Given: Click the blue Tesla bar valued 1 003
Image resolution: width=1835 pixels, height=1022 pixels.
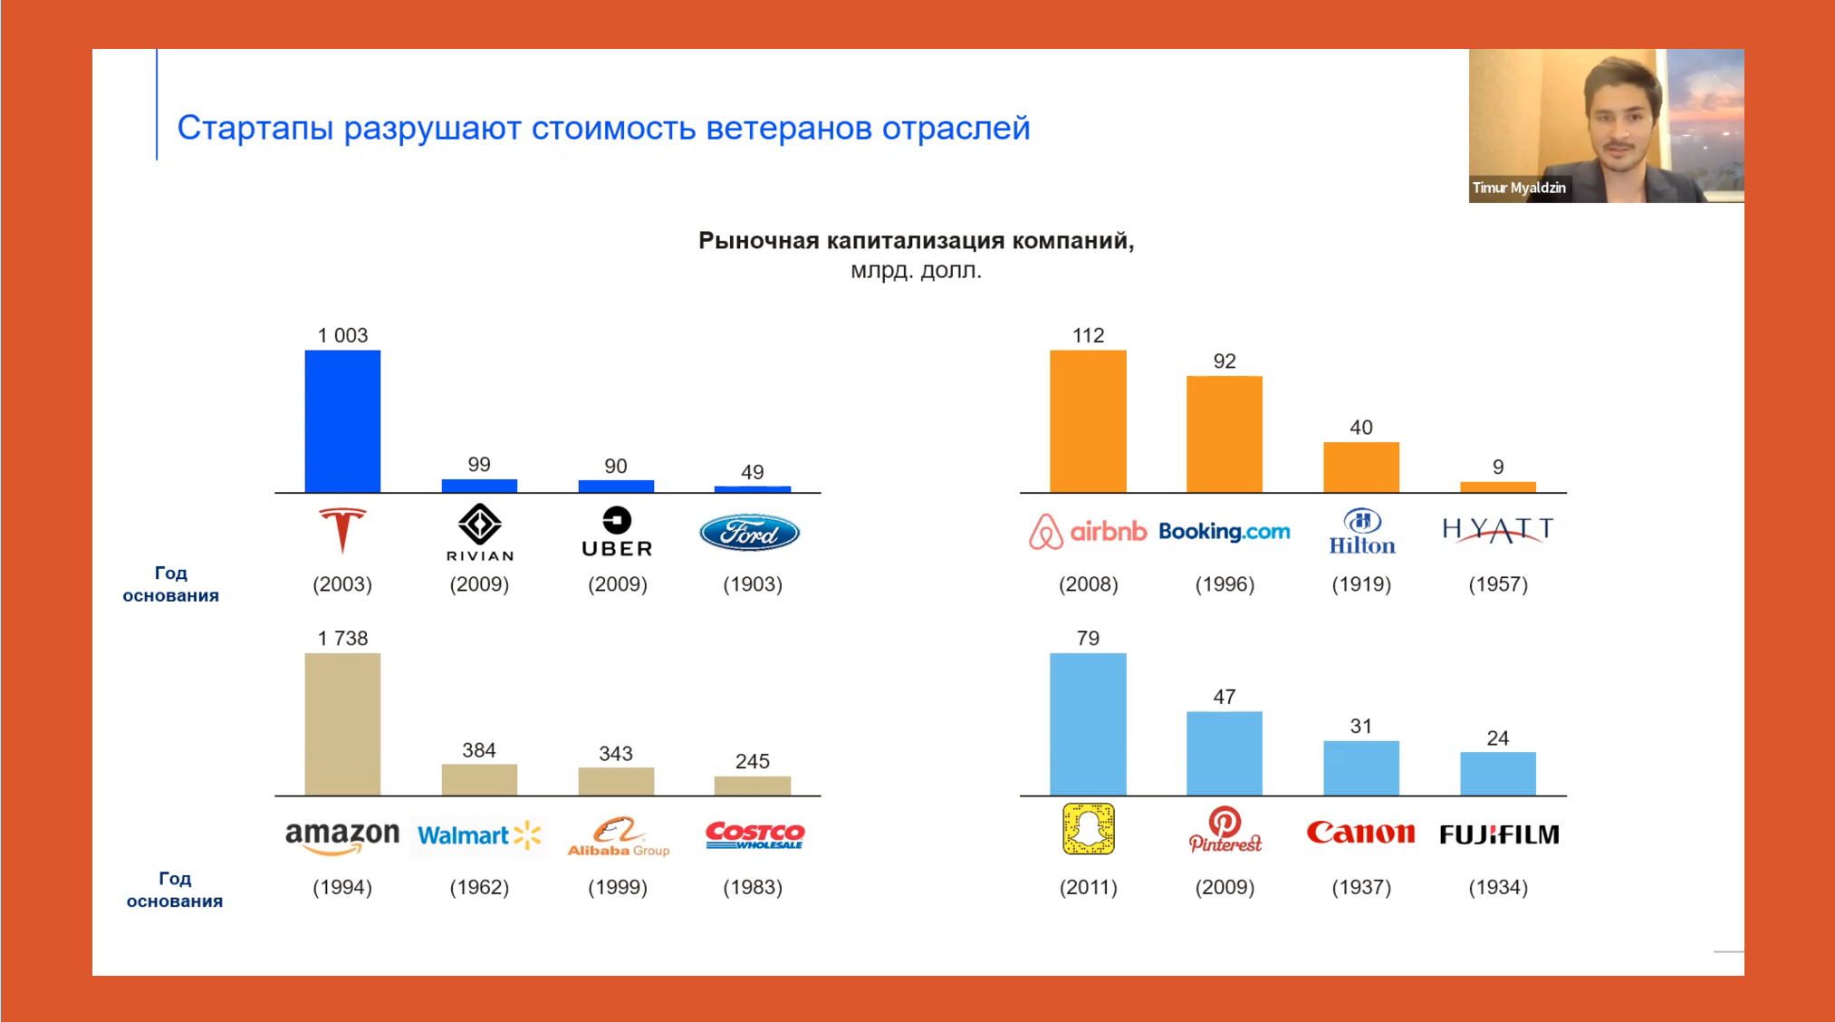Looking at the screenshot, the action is tap(342, 421).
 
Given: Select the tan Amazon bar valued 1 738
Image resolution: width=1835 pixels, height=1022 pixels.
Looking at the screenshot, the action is tap(342, 724).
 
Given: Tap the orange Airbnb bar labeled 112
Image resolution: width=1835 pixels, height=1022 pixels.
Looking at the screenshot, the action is tap(1088, 421).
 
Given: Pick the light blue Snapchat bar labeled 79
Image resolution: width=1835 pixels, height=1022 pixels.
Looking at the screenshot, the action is tap(1088, 724).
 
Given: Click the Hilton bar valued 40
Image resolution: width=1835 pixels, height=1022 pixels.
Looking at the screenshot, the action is tap(1361, 468).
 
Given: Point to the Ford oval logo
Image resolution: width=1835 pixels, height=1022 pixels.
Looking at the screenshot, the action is tap(750, 533).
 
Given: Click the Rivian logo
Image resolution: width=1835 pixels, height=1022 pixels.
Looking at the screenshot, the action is tap(480, 533).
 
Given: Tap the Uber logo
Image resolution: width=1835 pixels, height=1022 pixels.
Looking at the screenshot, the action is tap(617, 532).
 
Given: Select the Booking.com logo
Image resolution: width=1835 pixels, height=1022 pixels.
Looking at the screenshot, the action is tap(1225, 532).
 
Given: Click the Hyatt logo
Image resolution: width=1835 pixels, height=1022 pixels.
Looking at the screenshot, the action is tap(1498, 530).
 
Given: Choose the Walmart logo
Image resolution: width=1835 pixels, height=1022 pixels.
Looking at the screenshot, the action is tap(479, 834).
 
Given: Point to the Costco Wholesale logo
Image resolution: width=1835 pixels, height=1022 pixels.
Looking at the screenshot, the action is tap(754, 834).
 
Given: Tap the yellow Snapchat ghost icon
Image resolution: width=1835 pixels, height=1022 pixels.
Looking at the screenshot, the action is tap(1088, 829).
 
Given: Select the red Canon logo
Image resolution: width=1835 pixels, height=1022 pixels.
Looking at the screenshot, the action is tap(1360, 833).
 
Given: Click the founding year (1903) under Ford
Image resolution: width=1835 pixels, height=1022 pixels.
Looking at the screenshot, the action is tap(753, 584).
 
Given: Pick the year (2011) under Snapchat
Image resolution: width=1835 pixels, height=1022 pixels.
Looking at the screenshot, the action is tap(1088, 887).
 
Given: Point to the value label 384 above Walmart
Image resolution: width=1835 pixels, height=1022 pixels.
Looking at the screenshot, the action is tap(479, 750).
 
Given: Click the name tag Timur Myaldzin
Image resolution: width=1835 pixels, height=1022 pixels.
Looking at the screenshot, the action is tap(1519, 188).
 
